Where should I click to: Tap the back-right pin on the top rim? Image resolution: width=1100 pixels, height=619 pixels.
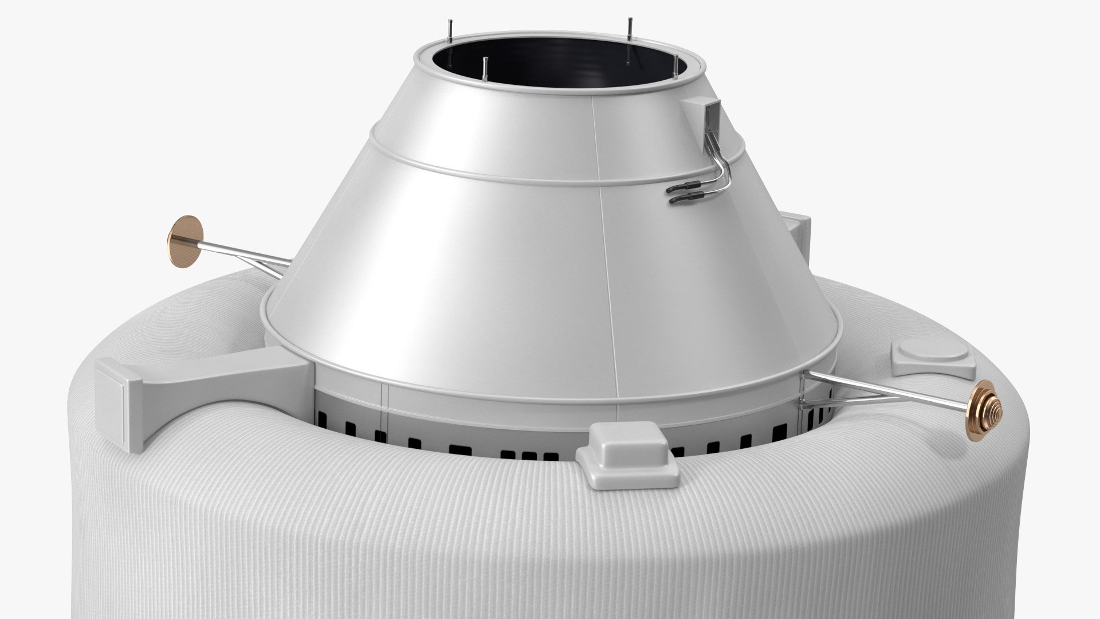(x=629, y=29)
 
